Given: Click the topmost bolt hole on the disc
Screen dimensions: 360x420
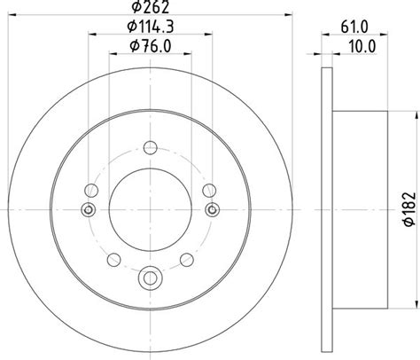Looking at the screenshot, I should click(x=150, y=147).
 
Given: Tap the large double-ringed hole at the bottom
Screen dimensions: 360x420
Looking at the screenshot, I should click(x=150, y=277).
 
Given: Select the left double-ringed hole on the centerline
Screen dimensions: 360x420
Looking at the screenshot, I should click(x=88, y=209).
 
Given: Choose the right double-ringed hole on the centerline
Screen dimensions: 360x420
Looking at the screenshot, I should click(x=212, y=209).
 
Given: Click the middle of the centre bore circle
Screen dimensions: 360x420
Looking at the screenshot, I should click(x=150, y=209).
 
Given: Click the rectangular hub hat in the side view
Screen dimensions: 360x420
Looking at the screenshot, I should click(x=359, y=209).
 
